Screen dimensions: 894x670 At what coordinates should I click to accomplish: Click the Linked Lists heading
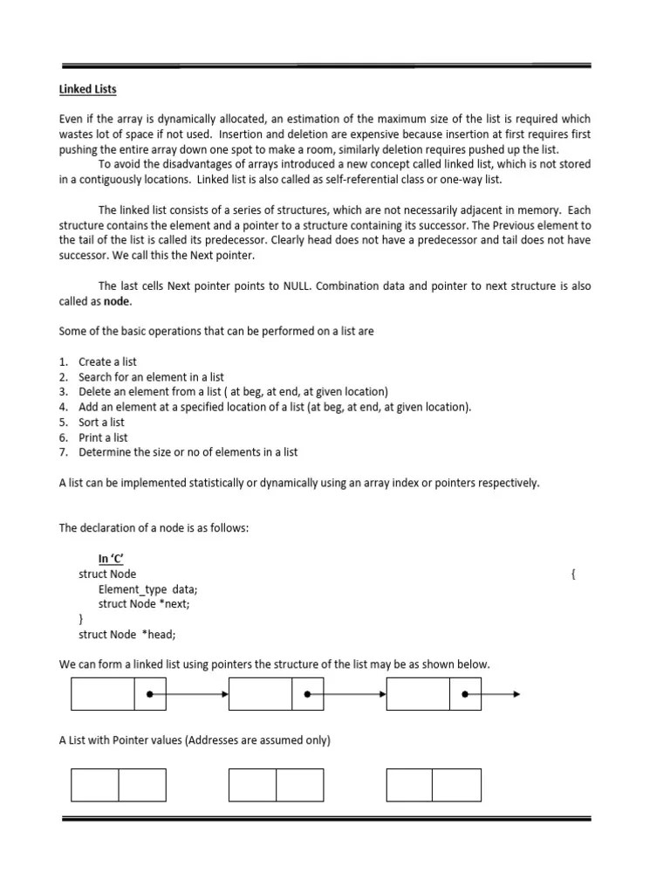(87, 89)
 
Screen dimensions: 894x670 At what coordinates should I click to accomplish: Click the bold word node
(117, 301)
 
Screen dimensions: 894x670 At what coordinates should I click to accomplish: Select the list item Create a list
(107, 361)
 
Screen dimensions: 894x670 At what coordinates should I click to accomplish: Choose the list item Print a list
(103, 437)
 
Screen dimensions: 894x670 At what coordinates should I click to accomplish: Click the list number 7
(63, 452)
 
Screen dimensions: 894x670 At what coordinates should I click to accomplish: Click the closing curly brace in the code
(81, 619)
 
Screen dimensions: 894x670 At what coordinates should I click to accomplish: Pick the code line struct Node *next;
(143, 604)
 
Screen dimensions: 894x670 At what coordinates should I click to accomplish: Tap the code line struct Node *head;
(133, 635)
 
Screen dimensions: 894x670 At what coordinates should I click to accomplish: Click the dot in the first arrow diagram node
(150, 695)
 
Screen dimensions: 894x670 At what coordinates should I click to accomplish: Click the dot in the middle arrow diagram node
(307, 695)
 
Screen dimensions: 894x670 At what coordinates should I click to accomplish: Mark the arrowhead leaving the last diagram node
(516, 695)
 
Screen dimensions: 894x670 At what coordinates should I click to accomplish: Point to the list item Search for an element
(151, 376)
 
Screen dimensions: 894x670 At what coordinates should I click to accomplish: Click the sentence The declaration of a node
(154, 528)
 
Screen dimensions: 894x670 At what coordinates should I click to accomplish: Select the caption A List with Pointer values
(195, 740)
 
